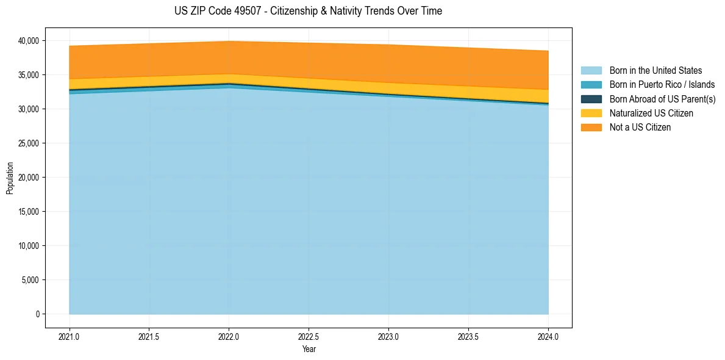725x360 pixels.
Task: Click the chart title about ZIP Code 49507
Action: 308,11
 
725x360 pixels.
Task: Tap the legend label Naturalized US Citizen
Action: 651,113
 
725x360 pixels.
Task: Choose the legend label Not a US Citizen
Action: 640,128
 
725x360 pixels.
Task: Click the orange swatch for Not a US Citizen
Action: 591,128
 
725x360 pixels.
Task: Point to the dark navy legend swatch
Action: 591,99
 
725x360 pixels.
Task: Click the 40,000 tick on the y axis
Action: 28,41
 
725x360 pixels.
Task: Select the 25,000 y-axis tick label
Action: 28,143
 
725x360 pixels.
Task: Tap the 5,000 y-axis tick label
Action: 30,280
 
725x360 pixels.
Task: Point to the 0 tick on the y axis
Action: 37,314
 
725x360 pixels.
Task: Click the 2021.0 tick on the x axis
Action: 70,336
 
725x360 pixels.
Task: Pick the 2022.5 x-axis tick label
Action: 309,336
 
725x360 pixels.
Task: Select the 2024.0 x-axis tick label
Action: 548,336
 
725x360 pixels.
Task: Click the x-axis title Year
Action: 309,349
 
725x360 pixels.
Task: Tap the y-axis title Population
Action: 10,178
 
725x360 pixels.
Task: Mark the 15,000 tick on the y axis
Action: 28,212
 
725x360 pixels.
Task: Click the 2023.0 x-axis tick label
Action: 388,336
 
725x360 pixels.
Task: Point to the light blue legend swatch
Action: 591,71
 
